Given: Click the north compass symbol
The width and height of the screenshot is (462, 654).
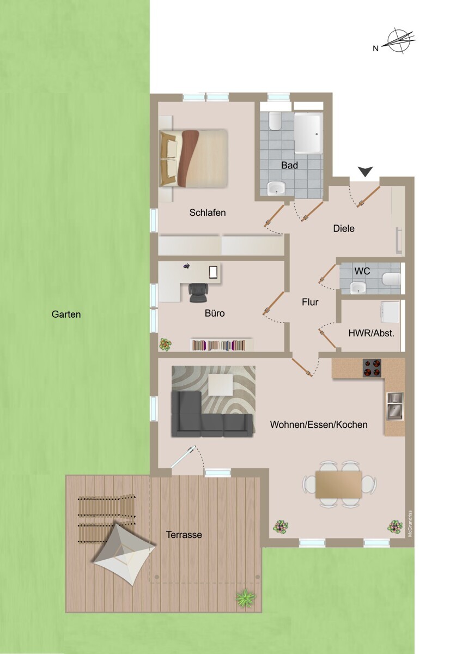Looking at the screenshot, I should [x=400, y=42].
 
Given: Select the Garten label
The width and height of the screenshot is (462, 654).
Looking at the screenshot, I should [x=66, y=314].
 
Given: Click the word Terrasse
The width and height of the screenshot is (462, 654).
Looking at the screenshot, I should [x=184, y=535].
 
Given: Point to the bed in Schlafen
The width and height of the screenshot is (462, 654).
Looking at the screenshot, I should [x=193, y=158].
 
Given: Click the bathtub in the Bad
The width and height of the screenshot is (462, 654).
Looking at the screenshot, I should [x=308, y=133].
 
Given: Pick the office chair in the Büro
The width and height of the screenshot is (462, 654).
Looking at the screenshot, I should [x=198, y=292].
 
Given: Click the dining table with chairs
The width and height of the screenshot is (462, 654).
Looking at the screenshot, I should [x=338, y=484].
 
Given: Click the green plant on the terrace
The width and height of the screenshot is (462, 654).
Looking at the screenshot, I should [x=246, y=597].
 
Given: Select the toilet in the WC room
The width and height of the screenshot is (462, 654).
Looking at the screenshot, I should [x=392, y=280].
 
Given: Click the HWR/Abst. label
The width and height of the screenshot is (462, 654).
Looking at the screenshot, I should [x=371, y=334].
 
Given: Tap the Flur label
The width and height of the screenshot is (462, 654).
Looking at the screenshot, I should [x=310, y=302].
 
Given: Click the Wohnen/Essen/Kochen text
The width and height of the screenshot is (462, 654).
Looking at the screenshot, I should [x=319, y=425].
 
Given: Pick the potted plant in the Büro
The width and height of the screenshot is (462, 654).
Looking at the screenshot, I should [x=165, y=344].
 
